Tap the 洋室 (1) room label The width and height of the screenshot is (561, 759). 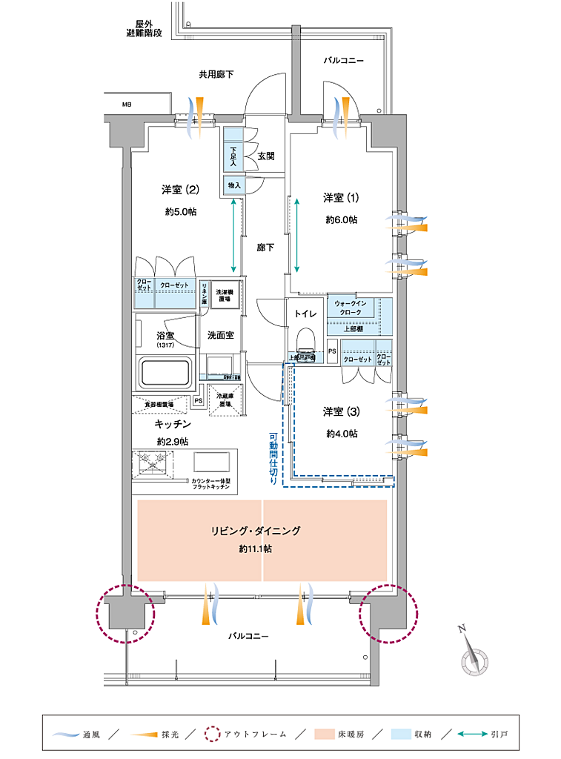pyautogui.click(x=341, y=198)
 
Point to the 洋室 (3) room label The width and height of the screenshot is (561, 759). pyautogui.click(x=341, y=411)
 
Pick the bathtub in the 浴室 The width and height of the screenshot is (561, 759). pyautogui.click(x=165, y=371)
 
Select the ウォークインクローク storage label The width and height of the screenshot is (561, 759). pyautogui.click(x=353, y=308)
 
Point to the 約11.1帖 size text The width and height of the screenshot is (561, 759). pyautogui.click(x=255, y=549)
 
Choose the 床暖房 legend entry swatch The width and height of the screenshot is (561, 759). pyautogui.click(x=325, y=735)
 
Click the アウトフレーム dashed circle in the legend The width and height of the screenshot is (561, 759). pyautogui.click(x=212, y=735)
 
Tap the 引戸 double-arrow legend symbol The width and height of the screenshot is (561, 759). pyautogui.click(x=471, y=735)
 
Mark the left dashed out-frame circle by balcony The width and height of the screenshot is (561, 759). pyautogui.click(x=125, y=613)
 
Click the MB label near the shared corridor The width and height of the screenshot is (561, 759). pyautogui.click(x=127, y=105)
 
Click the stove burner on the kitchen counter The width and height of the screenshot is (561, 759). pyautogui.click(x=154, y=463)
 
